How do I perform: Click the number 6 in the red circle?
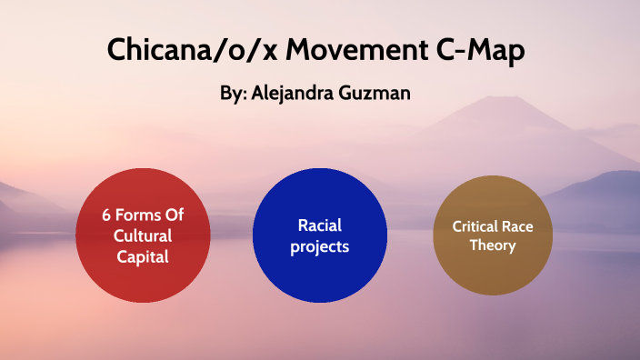[105, 217]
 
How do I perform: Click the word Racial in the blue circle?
[320, 225]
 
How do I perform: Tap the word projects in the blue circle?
[320, 246]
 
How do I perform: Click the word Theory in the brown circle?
[493, 245]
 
